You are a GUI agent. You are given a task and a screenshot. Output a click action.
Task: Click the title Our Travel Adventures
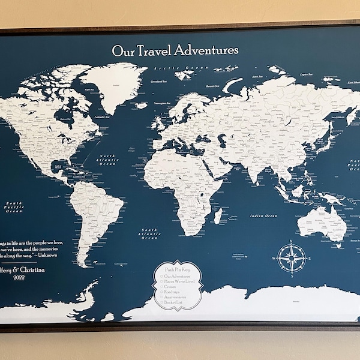pos(175,50)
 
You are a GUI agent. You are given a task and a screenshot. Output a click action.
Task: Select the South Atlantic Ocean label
pos(149,233)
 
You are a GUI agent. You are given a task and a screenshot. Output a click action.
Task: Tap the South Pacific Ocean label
pos(13,208)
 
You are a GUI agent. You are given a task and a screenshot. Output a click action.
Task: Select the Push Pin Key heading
pos(178,271)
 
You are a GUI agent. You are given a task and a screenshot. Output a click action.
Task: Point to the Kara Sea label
pos(241,77)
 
